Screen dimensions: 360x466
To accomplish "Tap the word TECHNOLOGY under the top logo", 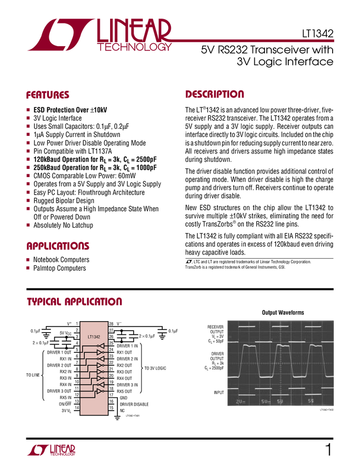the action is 135,48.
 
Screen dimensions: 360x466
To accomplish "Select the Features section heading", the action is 48,95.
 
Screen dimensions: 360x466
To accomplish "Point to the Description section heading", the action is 215,94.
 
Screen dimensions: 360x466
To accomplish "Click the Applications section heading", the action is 58,247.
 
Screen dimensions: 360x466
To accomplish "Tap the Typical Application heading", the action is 75,302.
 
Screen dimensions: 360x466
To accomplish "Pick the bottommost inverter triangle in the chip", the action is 100,392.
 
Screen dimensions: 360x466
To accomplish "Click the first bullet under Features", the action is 28,110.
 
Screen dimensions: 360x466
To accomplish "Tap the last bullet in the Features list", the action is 28,225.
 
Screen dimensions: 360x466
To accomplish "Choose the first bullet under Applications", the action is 28,259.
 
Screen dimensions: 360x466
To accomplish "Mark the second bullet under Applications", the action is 28,267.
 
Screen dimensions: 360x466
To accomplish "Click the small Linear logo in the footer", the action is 50,450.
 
